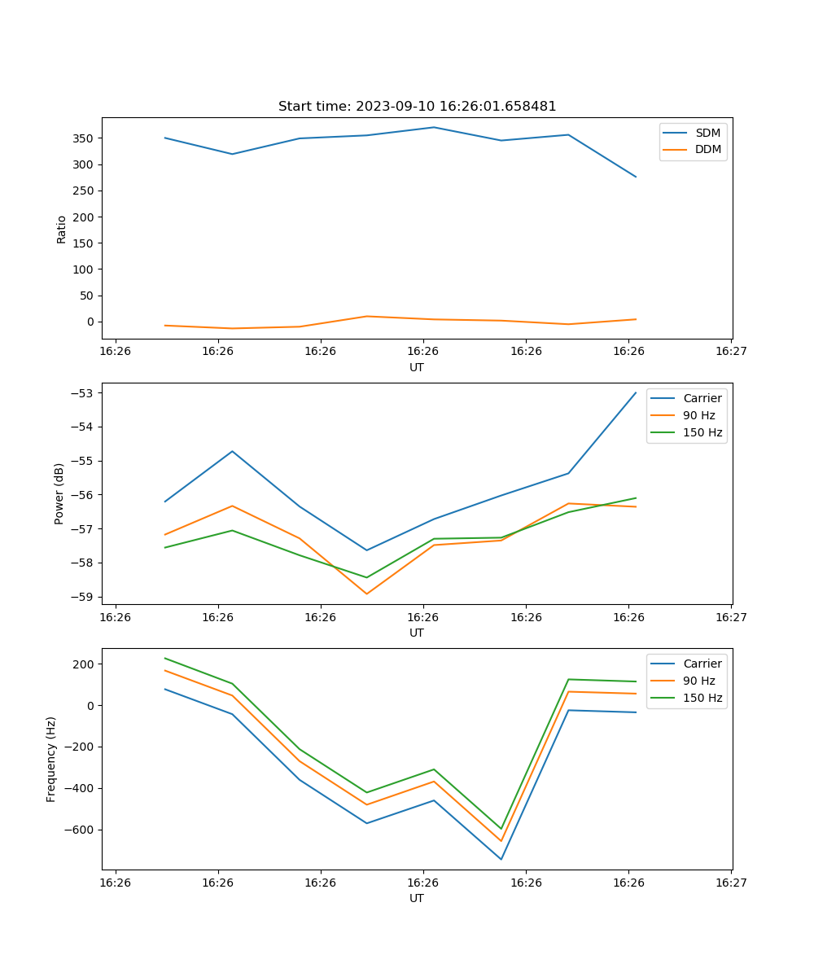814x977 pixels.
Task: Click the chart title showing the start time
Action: click(x=417, y=107)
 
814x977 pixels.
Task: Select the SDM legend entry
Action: click(x=707, y=133)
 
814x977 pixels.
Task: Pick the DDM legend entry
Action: click(x=707, y=149)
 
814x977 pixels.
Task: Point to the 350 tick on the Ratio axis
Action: click(x=85, y=138)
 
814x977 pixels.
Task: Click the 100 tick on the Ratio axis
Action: click(x=85, y=269)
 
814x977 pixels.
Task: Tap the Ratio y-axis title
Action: click(x=62, y=229)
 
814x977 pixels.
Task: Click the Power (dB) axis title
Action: click(x=59, y=494)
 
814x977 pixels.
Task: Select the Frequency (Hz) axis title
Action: click(x=51, y=759)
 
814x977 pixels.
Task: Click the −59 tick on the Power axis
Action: click(x=85, y=597)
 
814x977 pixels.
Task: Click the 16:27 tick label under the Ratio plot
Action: click(x=730, y=352)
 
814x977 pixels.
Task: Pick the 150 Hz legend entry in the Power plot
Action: click(x=702, y=432)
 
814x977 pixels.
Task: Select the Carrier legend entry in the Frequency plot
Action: click(x=702, y=664)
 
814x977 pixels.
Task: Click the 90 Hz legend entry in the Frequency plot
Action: click(x=699, y=681)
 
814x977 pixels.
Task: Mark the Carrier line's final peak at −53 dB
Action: click(x=636, y=392)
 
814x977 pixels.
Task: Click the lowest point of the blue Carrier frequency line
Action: click(x=501, y=859)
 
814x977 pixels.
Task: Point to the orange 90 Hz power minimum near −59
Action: click(x=366, y=594)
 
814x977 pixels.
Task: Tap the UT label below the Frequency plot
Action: click(x=417, y=898)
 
